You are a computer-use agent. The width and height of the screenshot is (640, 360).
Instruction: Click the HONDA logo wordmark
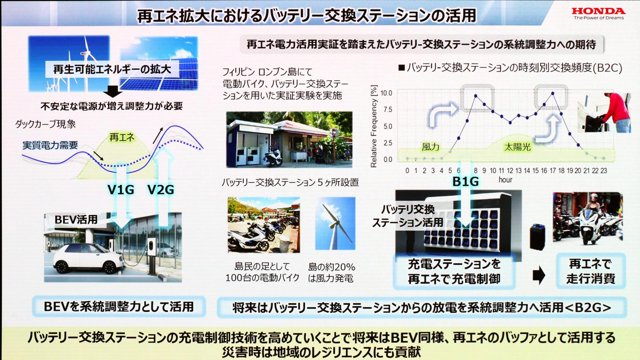click(598, 11)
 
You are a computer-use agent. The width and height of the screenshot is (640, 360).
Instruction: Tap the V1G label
click(121, 190)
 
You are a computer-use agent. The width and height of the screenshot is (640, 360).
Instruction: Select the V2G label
click(161, 190)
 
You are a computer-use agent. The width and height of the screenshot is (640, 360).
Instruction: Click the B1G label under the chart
click(465, 182)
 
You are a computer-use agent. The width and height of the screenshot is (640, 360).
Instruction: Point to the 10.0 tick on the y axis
click(386, 93)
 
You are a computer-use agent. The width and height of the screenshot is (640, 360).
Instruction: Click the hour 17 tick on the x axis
click(552, 171)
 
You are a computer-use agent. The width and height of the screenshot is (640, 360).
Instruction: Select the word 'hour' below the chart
click(505, 180)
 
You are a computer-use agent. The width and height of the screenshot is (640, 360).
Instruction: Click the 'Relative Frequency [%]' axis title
click(374, 126)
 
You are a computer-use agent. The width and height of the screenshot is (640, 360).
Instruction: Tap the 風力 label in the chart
click(430, 147)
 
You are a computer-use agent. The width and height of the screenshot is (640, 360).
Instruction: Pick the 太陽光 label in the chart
click(517, 147)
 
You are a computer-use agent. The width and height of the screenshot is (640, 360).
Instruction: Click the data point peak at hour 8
click(476, 96)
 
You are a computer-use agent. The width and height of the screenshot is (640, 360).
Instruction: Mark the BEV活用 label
click(76, 220)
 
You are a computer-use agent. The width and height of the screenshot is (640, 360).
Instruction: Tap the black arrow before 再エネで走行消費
click(538, 275)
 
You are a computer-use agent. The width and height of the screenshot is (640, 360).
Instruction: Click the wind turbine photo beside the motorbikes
click(335, 223)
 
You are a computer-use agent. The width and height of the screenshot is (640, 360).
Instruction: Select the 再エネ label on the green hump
click(122, 138)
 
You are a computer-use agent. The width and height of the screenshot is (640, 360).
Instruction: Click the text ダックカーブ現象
click(45, 124)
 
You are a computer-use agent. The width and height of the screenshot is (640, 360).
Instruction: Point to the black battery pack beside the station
click(537, 237)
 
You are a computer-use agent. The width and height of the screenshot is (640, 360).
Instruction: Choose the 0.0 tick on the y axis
click(388, 159)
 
